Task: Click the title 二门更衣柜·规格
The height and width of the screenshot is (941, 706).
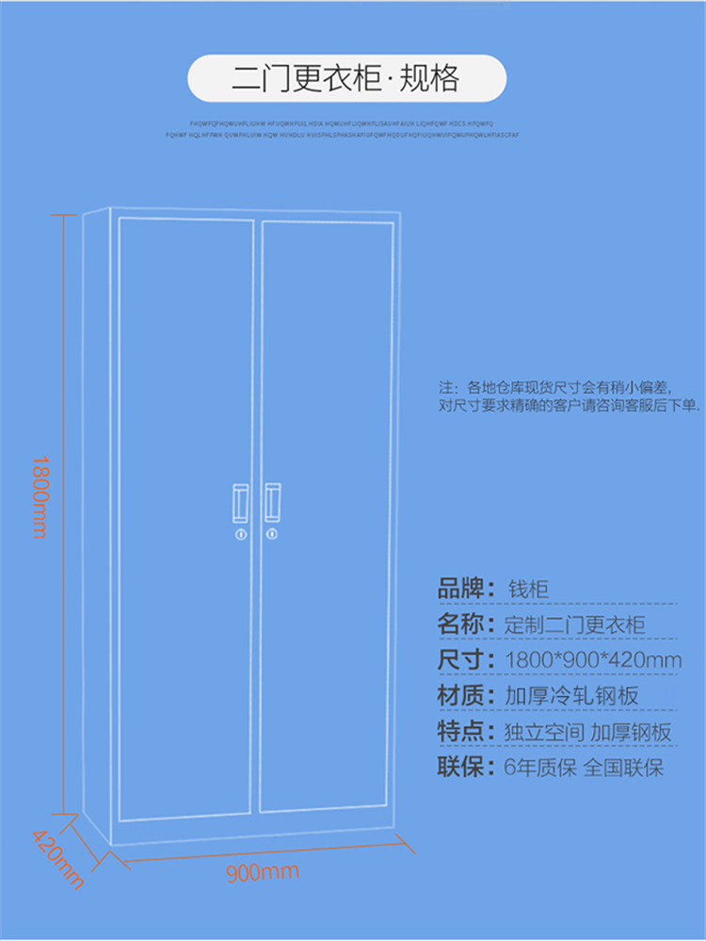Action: pyautogui.click(x=347, y=79)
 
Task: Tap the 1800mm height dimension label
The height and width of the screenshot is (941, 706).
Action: pyautogui.click(x=39, y=496)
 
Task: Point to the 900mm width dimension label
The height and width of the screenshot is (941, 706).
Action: pyautogui.click(x=263, y=872)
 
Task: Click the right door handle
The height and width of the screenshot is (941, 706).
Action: pyautogui.click(x=273, y=502)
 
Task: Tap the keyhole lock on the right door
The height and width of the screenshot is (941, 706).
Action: pyautogui.click(x=273, y=536)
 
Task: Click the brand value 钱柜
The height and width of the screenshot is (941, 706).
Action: pyautogui.click(x=527, y=591)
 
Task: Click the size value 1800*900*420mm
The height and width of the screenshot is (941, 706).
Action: pyautogui.click(x=593, y=660)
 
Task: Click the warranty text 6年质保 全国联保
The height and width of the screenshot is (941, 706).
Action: pyautogui.click(x=584, y=768)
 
